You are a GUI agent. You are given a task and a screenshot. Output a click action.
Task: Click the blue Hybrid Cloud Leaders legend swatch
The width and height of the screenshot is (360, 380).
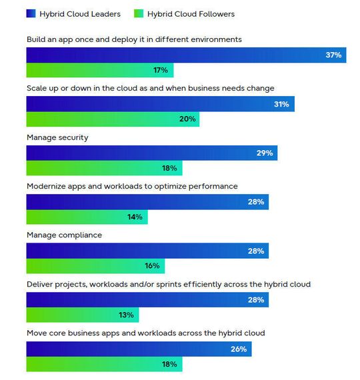point(31,13)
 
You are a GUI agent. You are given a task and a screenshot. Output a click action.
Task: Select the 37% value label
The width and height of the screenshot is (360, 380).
point(333,55)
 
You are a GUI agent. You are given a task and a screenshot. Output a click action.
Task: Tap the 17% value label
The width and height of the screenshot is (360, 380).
point(161,70)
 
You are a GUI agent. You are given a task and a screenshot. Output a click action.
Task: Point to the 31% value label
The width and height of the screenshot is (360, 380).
point(281,104)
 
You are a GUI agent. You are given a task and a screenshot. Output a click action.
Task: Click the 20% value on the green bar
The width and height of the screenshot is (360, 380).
point(187,119)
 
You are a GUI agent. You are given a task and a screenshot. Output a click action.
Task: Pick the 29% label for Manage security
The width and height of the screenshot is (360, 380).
point(265,153)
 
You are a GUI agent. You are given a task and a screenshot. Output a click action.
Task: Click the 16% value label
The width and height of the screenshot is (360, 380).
point(152,266)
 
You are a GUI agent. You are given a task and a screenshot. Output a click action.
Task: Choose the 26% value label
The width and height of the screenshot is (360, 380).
point(239,349)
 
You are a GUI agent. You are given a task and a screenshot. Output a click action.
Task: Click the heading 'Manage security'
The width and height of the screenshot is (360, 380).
point(57,137)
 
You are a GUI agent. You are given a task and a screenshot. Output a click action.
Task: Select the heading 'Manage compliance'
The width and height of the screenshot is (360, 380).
point(64,235)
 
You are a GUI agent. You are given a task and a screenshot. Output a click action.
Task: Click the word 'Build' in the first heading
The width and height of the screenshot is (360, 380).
point(37,39)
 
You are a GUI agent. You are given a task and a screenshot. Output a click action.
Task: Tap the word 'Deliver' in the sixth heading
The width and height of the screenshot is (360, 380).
point(41,284)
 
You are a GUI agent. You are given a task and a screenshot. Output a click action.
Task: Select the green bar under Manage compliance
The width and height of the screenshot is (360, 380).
point(95,266)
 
